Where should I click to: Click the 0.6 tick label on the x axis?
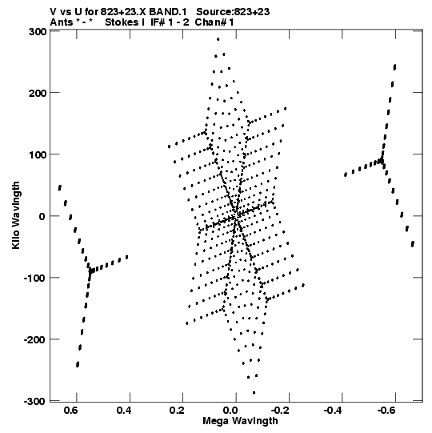70,411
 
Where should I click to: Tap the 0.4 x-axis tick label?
124,411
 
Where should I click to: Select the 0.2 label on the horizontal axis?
177,411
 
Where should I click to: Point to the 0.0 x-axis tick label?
230,411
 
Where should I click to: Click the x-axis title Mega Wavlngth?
240,421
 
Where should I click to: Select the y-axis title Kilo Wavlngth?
16,215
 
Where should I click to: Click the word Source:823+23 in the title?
233,12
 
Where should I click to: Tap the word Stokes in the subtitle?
125,22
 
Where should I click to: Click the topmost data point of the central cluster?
218,39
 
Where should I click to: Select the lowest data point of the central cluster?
254,392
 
